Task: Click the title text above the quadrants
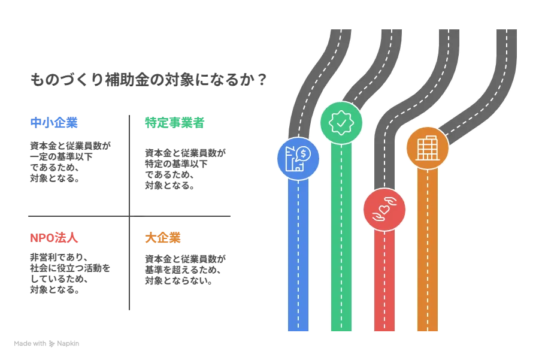tap(147, 78)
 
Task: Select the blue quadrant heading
tap(54, 123)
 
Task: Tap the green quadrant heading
tap(174, 123)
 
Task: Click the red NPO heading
tap(54, 238)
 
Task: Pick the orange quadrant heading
tap(163, 238)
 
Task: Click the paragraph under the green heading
tap(186, 170)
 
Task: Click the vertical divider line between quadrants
tap(129, 213)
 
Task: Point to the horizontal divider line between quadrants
tap(129, 217)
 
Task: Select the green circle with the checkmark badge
tap(341, 122)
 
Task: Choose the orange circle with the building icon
tap(428, 147)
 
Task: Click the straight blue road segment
tap(298, 258)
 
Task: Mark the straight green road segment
tap(341, 240)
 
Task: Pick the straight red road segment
tap(384, 282)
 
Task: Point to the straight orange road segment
tap(428, 252)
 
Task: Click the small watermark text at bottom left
tap(48, 345)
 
